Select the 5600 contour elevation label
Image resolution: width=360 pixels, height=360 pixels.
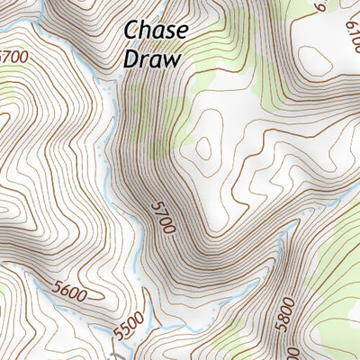(x=70, y=293)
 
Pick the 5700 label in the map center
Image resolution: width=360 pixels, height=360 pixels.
(x=163, y=216)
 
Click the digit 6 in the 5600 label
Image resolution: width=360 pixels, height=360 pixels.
(x=66, y=292)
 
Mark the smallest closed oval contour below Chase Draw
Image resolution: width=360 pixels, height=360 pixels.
(x=204, y=146)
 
